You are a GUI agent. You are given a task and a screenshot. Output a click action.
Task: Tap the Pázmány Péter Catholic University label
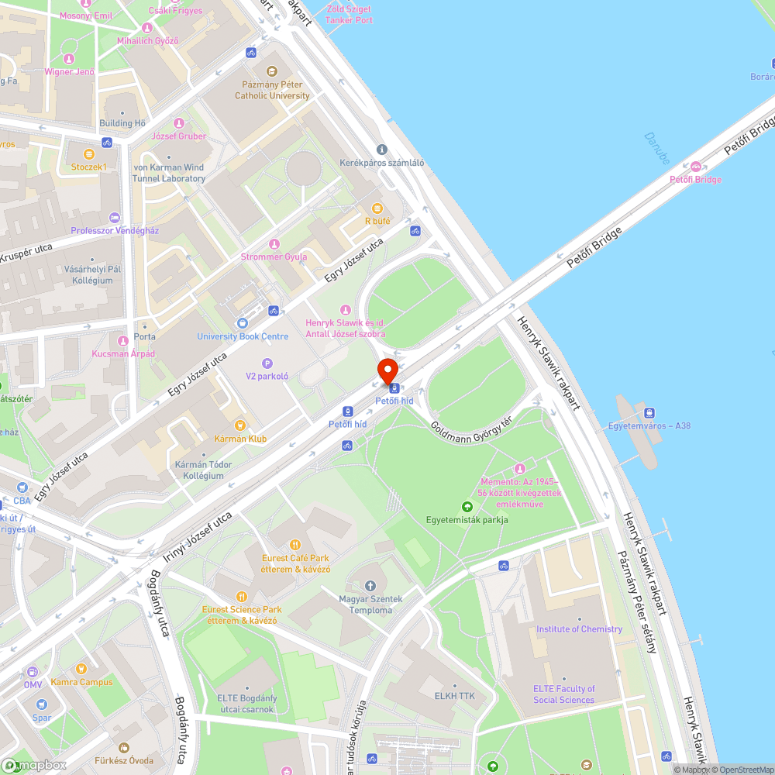coord(272,89)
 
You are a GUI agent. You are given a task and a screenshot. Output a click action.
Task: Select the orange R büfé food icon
coord(377,208)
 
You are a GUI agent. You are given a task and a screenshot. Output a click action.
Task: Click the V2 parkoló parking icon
coord(267,363)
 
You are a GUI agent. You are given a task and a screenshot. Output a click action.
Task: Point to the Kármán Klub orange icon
coord(240,425)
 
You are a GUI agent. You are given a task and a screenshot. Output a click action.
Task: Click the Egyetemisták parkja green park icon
coord(467,506)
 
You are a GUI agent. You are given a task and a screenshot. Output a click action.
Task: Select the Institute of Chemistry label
coord(579,629)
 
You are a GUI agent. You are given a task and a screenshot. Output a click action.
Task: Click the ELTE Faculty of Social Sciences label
coord(564,694)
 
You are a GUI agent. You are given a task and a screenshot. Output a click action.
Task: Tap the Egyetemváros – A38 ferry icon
coord(649,412)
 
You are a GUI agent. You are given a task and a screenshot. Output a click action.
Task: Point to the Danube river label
coord(656,147)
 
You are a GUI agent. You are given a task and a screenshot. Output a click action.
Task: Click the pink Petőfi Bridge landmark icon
coord(696,167)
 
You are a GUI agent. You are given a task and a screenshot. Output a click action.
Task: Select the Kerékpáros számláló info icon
coord(381,150)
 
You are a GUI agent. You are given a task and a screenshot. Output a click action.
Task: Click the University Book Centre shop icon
coord(242,323)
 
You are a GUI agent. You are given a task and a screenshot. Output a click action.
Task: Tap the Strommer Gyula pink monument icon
coord(274,244)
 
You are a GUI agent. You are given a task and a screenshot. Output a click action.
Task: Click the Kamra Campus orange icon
coord(81,669)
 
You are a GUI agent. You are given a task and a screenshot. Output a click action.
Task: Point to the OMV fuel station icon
coord(33,672)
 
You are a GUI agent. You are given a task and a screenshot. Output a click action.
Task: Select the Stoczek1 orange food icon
coord(88,153)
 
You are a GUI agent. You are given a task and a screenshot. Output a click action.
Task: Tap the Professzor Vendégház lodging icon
coord(115,218)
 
